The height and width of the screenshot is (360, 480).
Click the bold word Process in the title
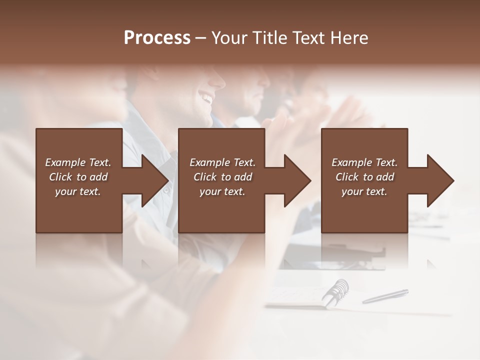click(157, 38)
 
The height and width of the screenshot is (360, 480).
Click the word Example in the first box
click(65, 162)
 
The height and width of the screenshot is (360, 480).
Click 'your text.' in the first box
click(78, 191)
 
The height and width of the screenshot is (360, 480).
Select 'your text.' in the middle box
click(222, 191)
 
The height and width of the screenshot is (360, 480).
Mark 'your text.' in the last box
click(364, 191)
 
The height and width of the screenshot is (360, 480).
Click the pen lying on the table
click(385, 296)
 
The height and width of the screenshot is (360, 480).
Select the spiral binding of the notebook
click(335, 292)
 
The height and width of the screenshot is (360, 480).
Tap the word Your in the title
click(227, 38)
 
